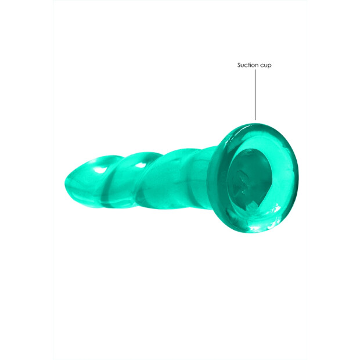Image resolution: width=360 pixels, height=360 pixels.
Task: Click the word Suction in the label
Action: [246, 65]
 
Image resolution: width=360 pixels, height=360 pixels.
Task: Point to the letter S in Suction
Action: [239, 65]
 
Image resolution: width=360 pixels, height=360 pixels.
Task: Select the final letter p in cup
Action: [269, 66]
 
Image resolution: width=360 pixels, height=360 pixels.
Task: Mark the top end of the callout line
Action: [254, 72]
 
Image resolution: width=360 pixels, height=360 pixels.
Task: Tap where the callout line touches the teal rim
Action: [254, 121]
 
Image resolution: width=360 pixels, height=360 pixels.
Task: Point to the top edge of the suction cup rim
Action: [255, 123]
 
